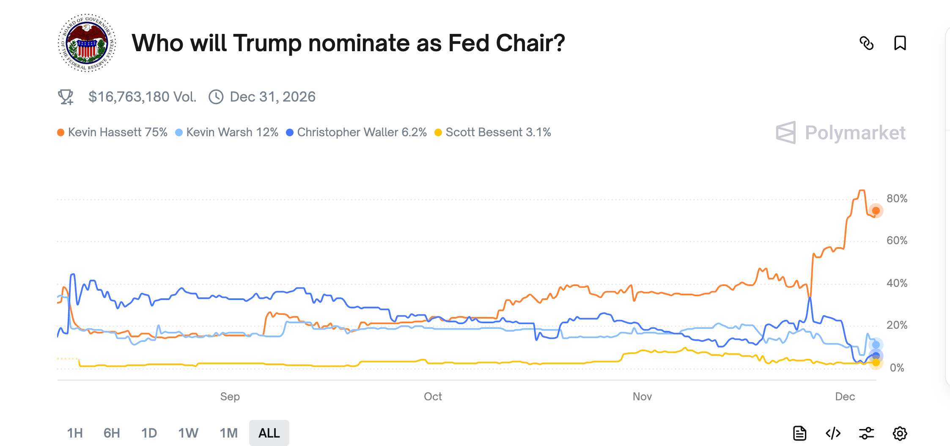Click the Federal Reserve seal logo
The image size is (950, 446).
pos(87,43)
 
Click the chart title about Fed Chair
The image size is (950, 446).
pos(348,43)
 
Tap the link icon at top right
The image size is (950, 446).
pos(866,43)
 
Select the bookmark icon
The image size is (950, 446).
pos(900,43)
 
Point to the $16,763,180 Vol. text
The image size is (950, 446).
pos(142,97)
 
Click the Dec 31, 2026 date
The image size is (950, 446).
pos(272,97)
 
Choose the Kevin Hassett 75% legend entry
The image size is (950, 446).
pos(113,132)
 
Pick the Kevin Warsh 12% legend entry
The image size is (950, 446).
pos(227,132)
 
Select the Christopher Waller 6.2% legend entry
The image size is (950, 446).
pos(357,132)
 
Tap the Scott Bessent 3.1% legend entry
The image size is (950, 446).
pos(493,132)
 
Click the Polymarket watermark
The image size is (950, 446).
pos(841,133)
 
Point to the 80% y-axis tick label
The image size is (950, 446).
pos(897,198)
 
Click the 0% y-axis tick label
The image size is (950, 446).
pos(897,368)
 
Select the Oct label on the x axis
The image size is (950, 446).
pos(433,396)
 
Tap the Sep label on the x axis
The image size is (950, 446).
pos(230,396)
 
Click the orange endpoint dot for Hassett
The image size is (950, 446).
pos(876,211)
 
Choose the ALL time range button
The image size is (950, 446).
pos(269,433)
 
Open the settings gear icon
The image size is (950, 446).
pos(900,433)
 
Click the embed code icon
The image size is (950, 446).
pos(833,433)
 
